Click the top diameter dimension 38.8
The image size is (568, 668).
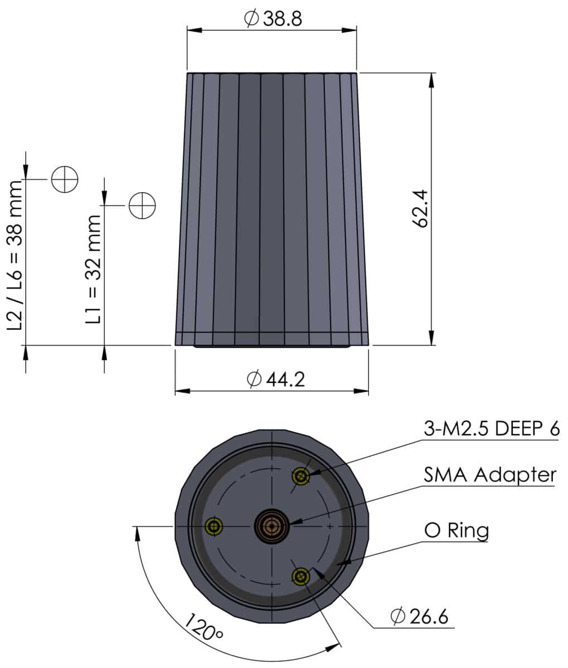[x=273, y=19]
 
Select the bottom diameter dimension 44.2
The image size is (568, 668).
[x=275, y=380]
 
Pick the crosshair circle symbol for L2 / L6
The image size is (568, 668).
[x=65, y=179]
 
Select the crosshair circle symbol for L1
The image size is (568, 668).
[x=142, y=205]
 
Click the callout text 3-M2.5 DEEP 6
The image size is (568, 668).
[x=491, y=429]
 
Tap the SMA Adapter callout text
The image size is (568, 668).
[x=490, y=475]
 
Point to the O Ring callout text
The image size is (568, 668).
[x=457, y=530]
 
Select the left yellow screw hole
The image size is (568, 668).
[x=213, y=526]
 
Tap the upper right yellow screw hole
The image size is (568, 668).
[x=302, y=476]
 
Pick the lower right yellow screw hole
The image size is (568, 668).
[x=302, y=576]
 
